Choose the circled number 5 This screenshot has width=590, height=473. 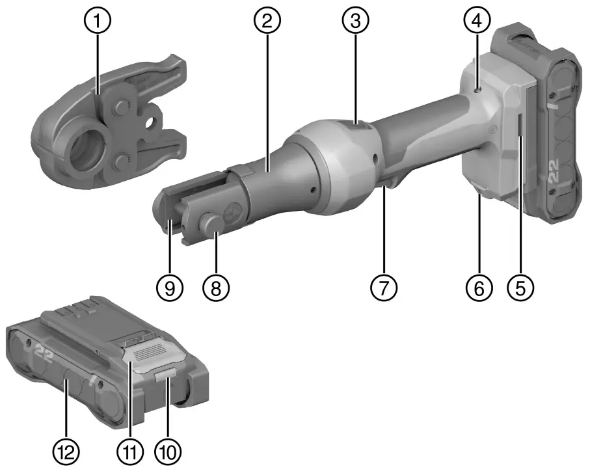[520, 286]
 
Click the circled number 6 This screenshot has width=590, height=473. [479, 286]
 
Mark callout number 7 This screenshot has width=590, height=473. [384, 286]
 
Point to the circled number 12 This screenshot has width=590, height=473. [67, 450]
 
